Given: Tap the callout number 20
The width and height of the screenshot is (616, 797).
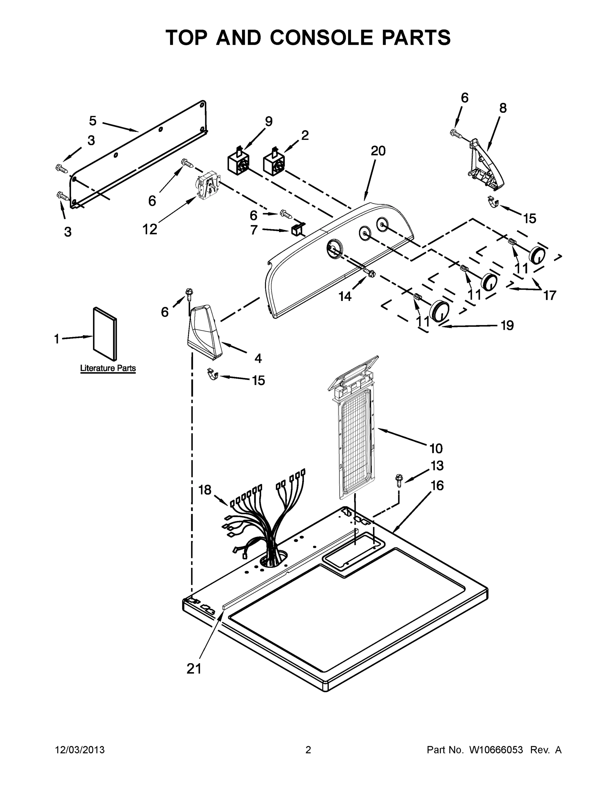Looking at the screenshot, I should (378, 151).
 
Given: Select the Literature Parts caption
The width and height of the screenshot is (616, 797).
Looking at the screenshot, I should (108, 368).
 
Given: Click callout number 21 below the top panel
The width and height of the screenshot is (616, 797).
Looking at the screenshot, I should (194, 668).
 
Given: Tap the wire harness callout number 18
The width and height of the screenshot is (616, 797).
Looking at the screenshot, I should (205, 490).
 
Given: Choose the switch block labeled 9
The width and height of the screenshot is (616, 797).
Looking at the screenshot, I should (238, 163).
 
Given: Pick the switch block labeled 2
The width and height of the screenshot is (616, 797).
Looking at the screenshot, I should (274, 163).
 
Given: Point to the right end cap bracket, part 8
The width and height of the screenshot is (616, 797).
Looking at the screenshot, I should (486, 165).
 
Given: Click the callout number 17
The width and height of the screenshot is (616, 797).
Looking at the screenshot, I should (549, 295).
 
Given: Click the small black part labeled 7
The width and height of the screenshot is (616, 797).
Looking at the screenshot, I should (295, 230).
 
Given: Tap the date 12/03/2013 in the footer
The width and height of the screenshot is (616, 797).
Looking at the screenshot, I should (80, 750).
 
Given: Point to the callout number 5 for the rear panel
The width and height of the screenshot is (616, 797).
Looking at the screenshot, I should (93, 121).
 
